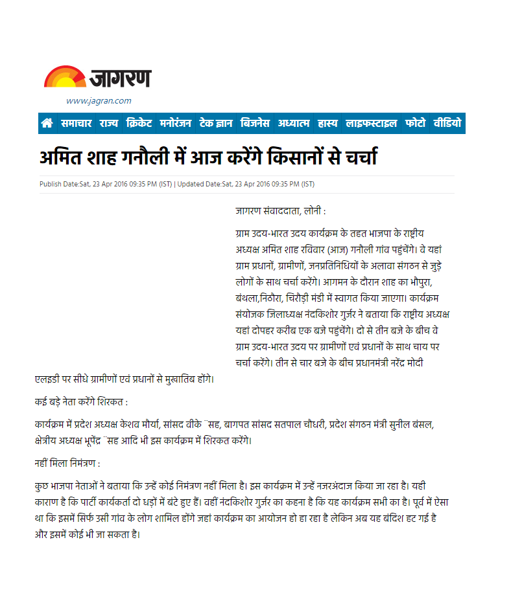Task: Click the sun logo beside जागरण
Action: pyautogui.click(x=64, y=77)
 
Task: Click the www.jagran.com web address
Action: pyautogui.click(x=99, y=100)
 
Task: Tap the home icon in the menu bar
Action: pyautogui.click(x=47, y=123)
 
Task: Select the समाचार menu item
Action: pyautogui.click(x=77, y=123)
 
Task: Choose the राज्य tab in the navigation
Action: pyautogui.click(x=108, y=123)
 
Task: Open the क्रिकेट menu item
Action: pyautogui.click(x=139, y=123)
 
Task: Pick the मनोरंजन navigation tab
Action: pyautogui.click(x=176, y=123)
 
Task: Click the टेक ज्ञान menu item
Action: pyautogui.click(x=217, y=123)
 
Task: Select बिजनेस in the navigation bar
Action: pyautogui.click(x=256, y=123)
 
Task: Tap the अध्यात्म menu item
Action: pyautogui.click(x=294, y=123)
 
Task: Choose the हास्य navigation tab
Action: pyautogui.click(x=327, y=123)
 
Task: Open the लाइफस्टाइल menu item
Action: pyautogui.click(x=371, y=123)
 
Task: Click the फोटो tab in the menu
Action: pyautogui.click(x=415, y=123)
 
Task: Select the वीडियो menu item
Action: pyautogui.click(x=447, y=123)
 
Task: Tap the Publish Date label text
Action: pyautogui.click(x=59, y=184)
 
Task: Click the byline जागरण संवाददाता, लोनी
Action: pyautogui.click(x=280, y=211)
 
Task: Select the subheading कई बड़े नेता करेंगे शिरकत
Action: pyautogui.click(x=82, y=401)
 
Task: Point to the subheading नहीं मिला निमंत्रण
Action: pyautogui.click(x=67, y=464)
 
